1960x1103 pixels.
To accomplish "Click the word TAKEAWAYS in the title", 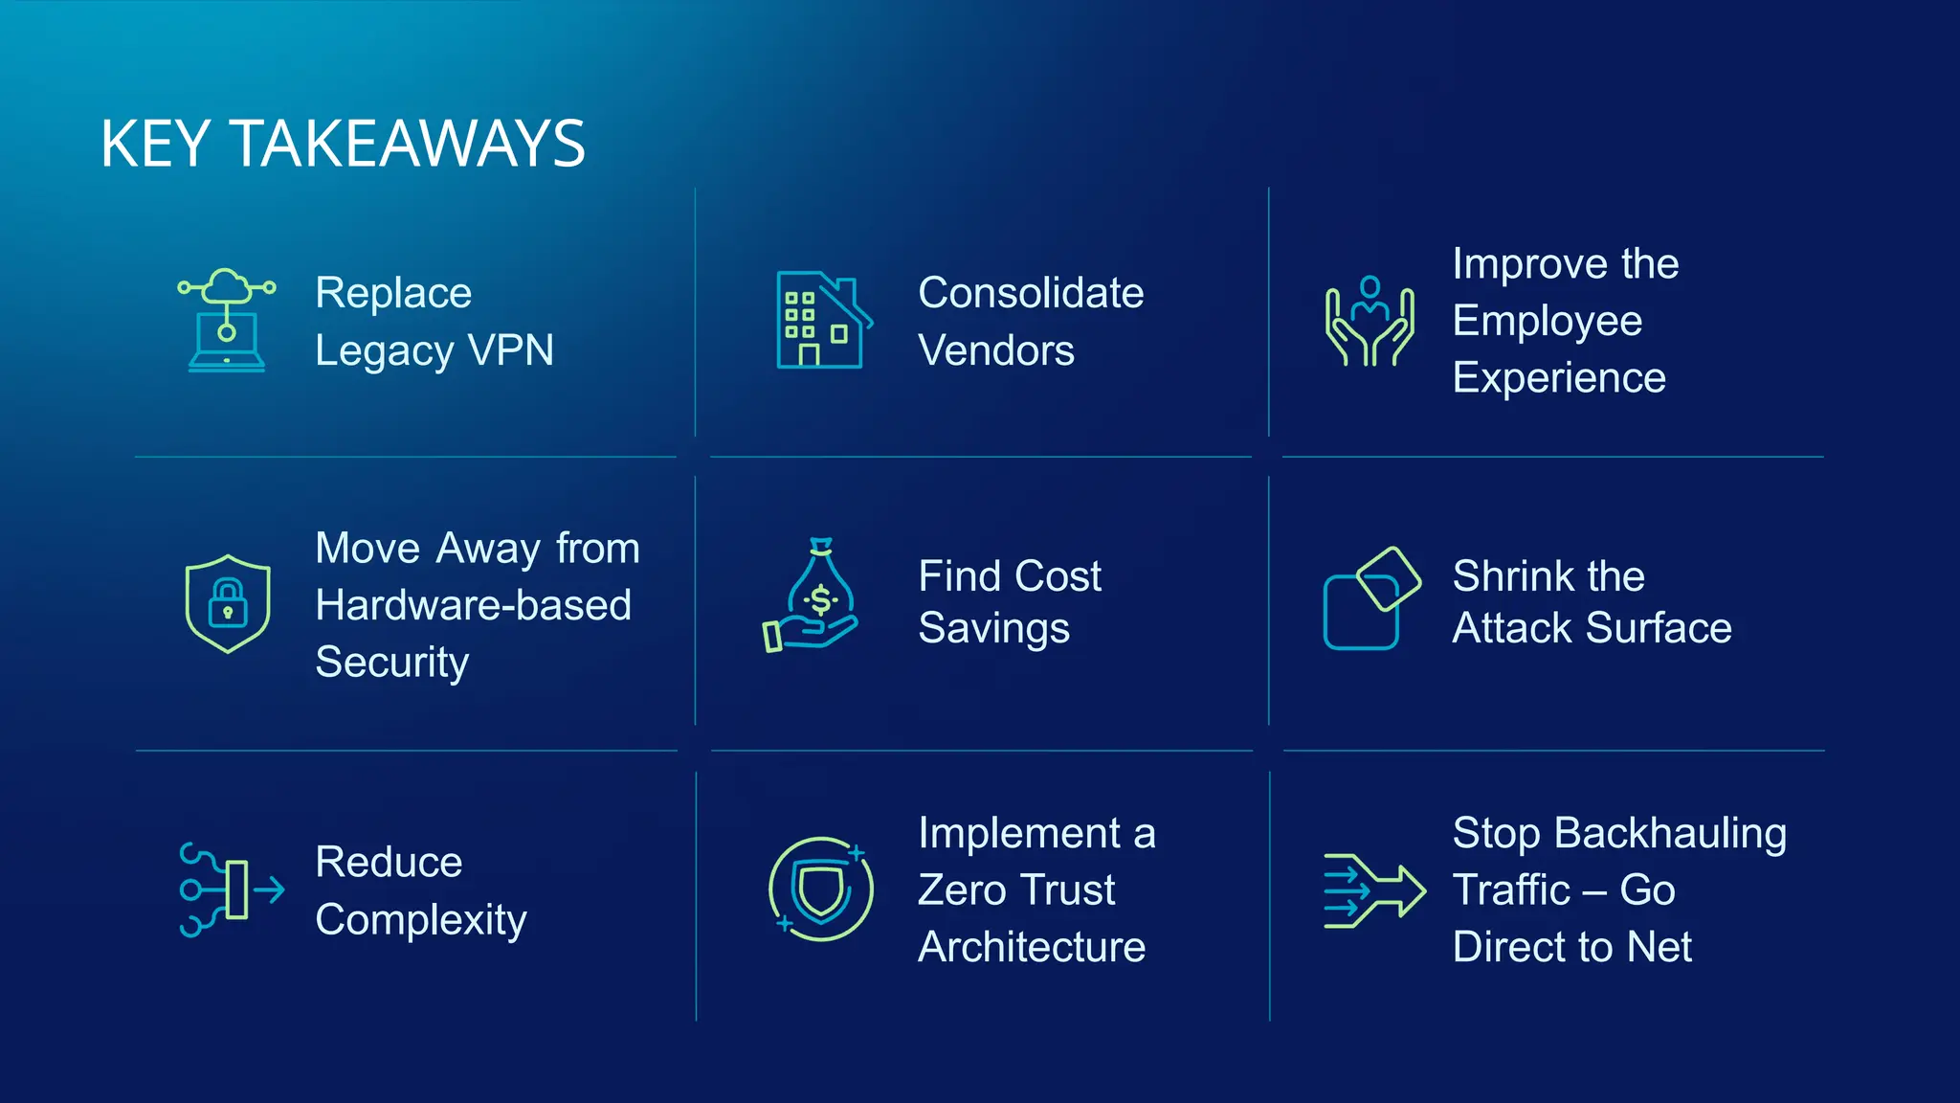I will pyautogui.click(x=409, y=145).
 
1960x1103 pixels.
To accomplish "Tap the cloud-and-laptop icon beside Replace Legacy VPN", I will pyautogui.click(x=227, y=320).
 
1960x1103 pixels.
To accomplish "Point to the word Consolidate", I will pyautogui.click(x=1031, y=293).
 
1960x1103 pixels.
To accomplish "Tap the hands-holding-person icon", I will pyautogui.click(x=1370, y=321).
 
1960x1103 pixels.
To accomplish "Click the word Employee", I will pyautogui.click(x=1547, y=321).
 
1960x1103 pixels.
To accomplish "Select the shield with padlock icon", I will pyautogui.click(x=228, y=604).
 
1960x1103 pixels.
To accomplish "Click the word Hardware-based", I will pyautogui.click(x=473, y=605).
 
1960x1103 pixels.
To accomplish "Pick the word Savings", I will pyautogui.click(x=993, y=629).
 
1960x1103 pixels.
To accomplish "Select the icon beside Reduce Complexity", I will pyautogui.click(x=231, y=889).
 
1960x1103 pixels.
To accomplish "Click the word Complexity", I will pyautogui.click(x=420, y=920).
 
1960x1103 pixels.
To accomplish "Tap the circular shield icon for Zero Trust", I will pyautogui.click(x=821, y=889).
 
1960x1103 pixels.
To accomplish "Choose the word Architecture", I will pyautogui.click(x=1031, y=947).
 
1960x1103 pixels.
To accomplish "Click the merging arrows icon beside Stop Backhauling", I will pyautogui.click(x=1373, y=890).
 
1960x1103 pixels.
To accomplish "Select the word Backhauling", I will pyautogui.click(x=1670, y=833).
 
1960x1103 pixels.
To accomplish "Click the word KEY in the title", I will pyautogui.click(x=155, y=145).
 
